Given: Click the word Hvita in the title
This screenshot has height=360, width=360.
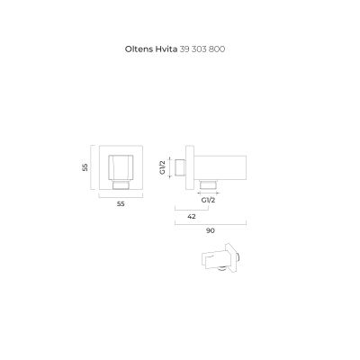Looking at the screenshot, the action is [166, 49].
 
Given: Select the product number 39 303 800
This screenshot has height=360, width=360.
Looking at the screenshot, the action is [202, 49].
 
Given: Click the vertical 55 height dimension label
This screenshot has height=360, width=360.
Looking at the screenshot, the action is [85, 167].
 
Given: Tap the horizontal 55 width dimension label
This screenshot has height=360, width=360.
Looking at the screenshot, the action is [121, 204].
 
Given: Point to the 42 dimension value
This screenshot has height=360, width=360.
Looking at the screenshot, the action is [192, 216].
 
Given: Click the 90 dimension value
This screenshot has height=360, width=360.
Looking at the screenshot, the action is [211, 230].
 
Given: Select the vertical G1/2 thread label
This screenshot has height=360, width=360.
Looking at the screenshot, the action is [162, 167].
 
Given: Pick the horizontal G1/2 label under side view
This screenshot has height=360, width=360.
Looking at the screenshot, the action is [208, 200].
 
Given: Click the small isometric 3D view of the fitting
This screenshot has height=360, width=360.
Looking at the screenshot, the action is [220, 258].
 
